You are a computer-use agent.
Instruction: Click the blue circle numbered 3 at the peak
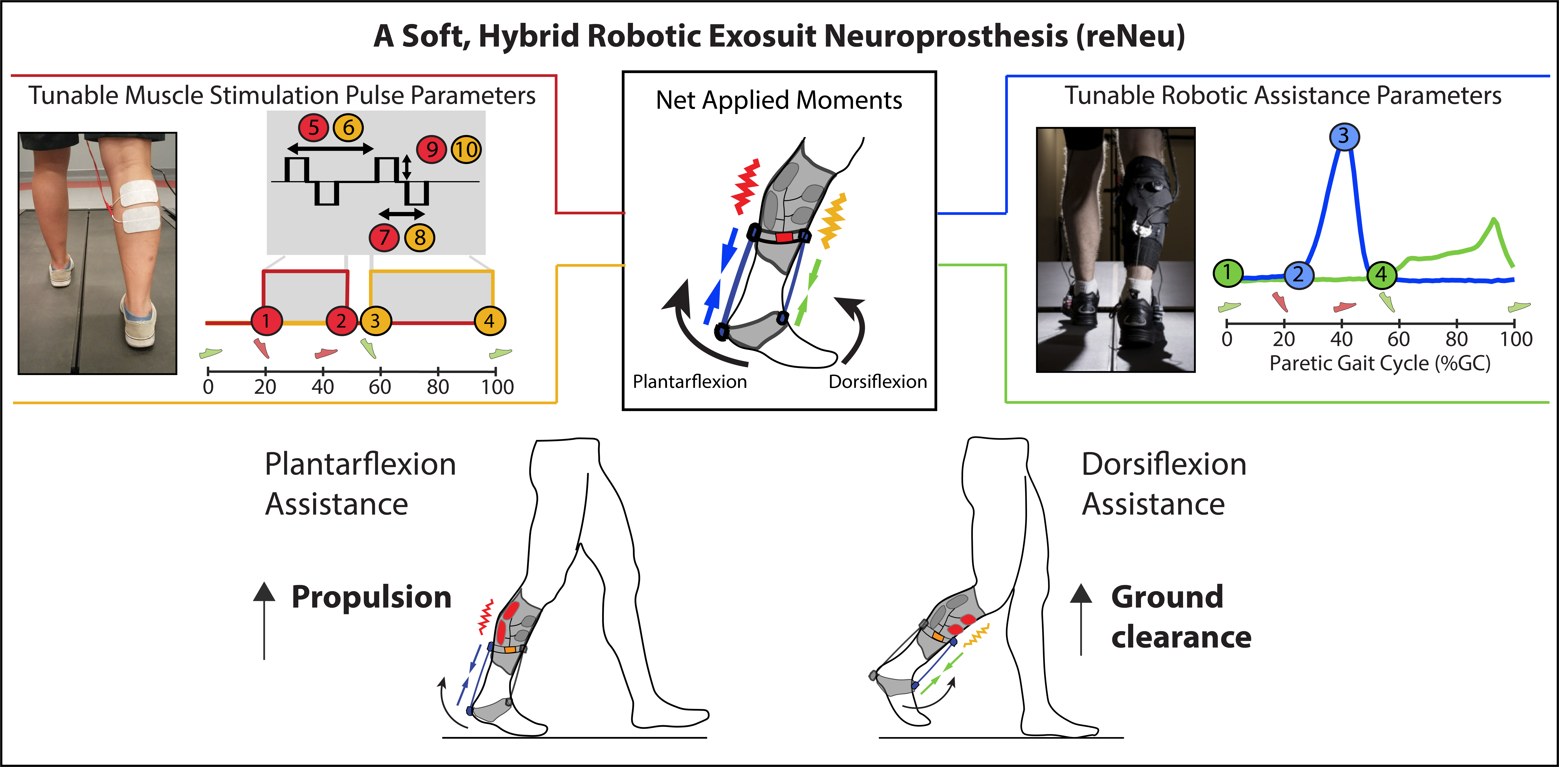coord(1344,136)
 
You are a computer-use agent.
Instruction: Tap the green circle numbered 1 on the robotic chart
coord(1227,273)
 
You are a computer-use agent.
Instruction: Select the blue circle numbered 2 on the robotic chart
coord(1298,275)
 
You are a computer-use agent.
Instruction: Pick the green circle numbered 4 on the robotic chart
coord(1381,275)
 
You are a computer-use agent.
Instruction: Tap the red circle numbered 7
coord(384,237)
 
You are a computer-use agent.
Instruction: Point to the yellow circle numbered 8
coord(419,237)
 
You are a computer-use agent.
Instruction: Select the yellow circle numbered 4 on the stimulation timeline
coord(489,321)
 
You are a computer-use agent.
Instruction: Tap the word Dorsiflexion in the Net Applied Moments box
coord(878,382)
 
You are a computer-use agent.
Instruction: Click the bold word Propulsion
coord(372,598)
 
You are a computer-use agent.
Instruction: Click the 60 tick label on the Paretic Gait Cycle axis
coord(1399,339)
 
